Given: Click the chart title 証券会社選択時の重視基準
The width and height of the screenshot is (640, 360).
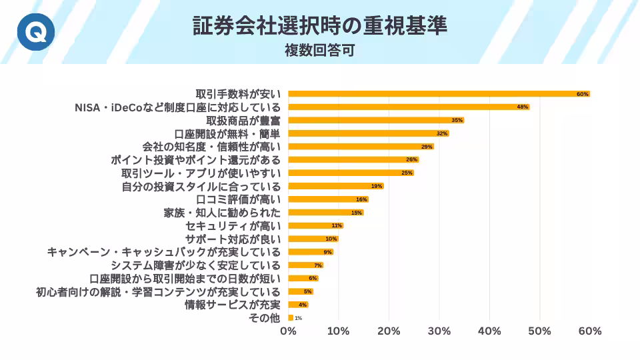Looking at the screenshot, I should (320, 25).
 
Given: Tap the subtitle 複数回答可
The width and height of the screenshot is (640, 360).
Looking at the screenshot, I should (319, 50).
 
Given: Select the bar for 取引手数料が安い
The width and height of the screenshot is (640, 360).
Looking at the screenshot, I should (433, 94).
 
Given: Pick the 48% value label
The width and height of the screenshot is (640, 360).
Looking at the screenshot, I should (523, 107).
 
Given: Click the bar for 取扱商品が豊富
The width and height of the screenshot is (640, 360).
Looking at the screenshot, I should (373, 120).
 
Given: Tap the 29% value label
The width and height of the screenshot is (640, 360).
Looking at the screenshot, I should (427, 147).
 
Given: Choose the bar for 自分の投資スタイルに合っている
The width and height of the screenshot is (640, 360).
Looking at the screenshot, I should (333, 186).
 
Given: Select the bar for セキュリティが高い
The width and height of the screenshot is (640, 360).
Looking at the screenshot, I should (313, 225).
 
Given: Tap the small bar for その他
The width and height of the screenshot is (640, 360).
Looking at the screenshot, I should (291, 318).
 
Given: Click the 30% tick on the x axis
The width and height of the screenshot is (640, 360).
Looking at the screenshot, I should (439, 331).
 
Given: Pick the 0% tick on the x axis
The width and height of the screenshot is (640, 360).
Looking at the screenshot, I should (288, 331).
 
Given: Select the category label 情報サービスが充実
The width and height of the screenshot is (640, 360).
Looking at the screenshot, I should (233, 305).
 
